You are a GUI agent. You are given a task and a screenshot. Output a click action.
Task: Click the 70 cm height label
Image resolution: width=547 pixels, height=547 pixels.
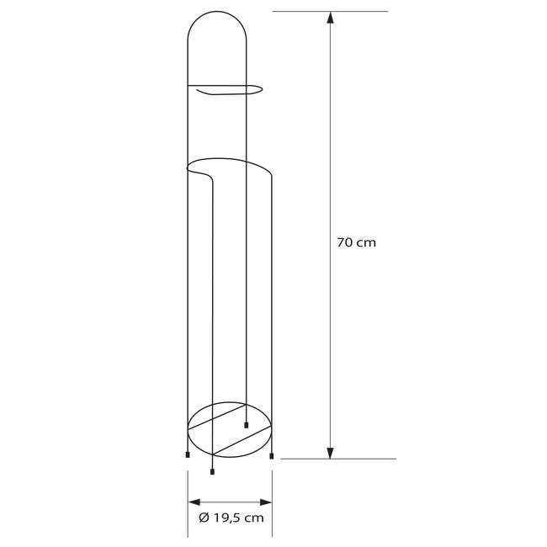pos(357,242)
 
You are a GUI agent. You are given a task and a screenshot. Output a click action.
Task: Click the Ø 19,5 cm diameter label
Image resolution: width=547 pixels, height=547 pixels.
pos(231,518)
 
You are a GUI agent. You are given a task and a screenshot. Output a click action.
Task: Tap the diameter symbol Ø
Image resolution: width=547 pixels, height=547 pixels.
pos(204,518)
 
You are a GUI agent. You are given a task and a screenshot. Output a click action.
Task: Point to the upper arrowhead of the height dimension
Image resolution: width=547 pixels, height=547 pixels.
pos(330,18)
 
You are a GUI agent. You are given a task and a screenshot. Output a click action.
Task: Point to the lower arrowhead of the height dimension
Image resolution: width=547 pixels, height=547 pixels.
pos(330,453)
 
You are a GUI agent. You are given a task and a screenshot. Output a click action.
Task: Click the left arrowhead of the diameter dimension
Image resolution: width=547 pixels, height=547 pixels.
pos(194,502)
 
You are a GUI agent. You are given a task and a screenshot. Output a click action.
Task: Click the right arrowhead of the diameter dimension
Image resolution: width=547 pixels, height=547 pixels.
pos(266,502)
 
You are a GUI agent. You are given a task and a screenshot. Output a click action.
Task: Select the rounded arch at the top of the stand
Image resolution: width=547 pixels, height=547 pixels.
pos(216,12)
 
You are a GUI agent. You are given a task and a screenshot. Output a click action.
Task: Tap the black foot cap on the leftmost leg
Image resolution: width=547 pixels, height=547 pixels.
pos(188,454)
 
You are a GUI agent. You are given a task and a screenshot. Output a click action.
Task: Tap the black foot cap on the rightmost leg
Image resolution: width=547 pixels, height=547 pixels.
pos(272,456)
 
